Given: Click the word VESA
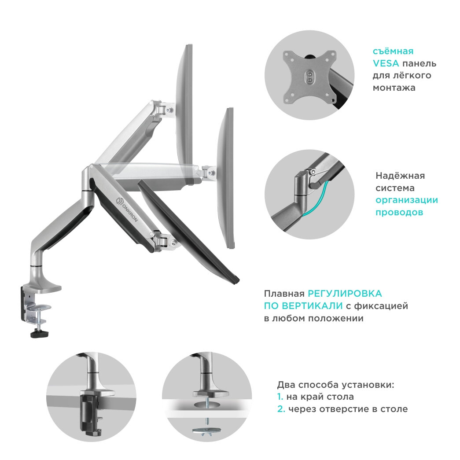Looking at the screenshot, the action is [x=386, y=63].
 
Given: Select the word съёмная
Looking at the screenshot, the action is [x=393, y=51].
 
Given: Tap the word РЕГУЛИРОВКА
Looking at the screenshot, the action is [x=345, y=294].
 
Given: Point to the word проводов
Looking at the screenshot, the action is [x=399, y=213].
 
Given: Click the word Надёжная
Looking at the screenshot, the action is [x=400, y=176].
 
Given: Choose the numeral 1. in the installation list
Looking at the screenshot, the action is [x=280, y=397].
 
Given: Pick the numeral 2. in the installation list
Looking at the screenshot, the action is [x=281, y=409].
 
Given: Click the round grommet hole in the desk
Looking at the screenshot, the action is [x=207, y=404].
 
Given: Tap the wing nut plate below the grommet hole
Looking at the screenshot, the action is [x=207, y=430].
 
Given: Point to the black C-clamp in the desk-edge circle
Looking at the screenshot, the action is [x=89, y=414].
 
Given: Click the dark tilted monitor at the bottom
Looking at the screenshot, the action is [x=189, y=232].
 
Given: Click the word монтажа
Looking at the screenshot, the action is [x=394, y=88].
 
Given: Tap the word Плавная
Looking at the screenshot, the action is [x=284, y=294].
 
